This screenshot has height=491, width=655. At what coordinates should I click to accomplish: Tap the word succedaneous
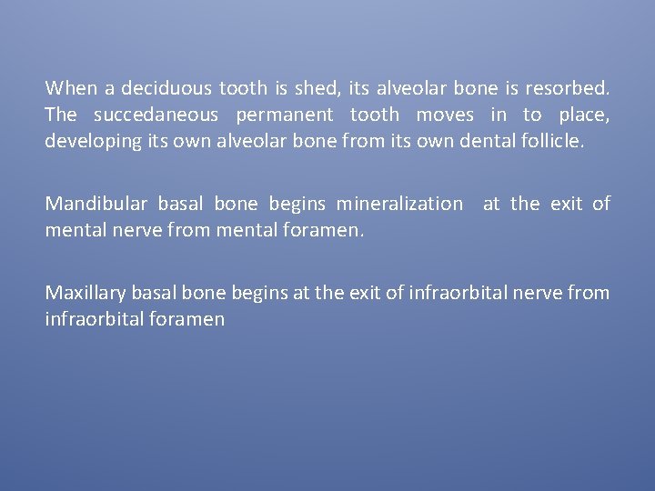click(156, 115)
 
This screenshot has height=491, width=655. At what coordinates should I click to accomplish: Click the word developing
click(86, 141)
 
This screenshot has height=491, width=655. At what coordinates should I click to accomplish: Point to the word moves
click(445, 115)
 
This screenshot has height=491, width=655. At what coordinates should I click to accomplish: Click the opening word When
click(71, 88)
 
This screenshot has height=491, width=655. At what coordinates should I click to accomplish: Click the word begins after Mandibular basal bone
click(297, 204)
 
